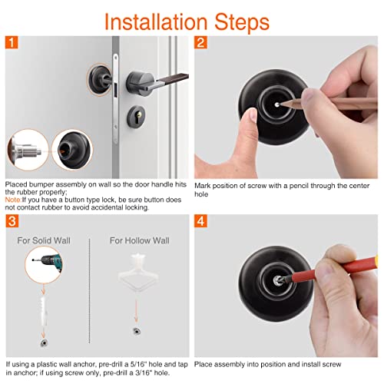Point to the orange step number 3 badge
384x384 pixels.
(12, 222)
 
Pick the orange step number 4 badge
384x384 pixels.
(202, 222)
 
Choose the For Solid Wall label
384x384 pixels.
(48, 240)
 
